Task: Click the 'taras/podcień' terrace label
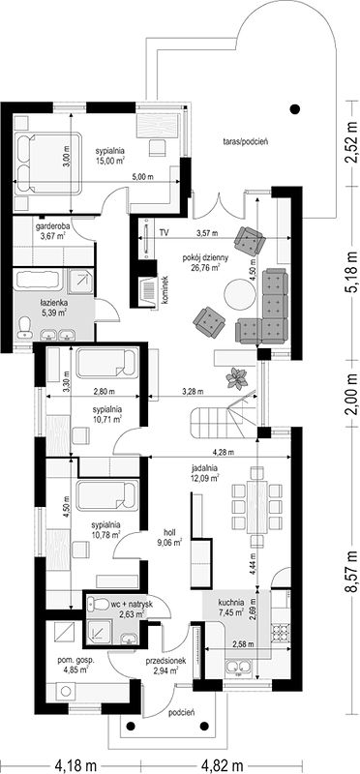point(245,141)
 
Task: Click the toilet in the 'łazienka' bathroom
point(23,328)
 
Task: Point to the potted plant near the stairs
point(237,378)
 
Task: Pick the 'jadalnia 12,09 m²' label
point(203,473)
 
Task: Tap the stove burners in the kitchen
point(280,633)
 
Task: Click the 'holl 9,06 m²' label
point(172,537)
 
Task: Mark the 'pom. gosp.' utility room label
point(75,660)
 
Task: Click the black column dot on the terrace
point(295,109)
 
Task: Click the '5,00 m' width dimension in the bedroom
point(143,177)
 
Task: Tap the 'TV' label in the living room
point(164,231)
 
